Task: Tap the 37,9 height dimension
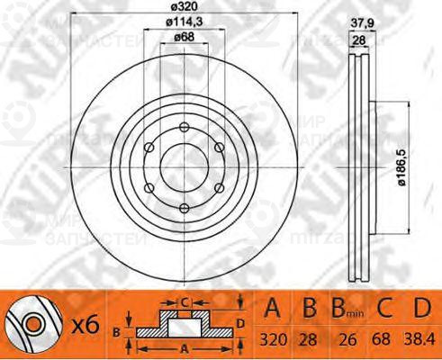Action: [x=361, y=25]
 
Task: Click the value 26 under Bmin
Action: [x=344, y=340]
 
